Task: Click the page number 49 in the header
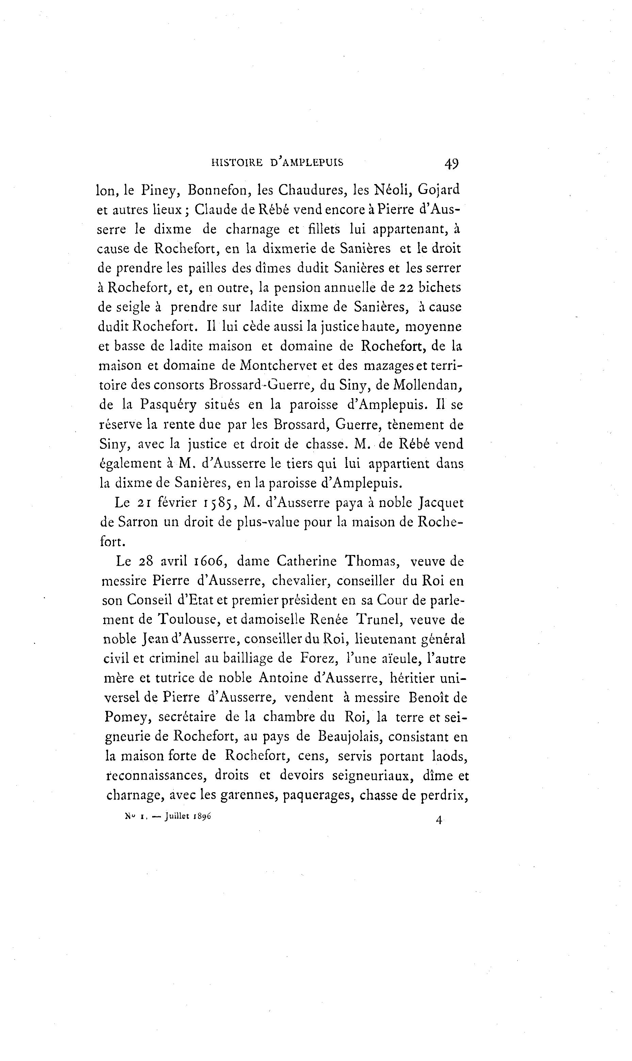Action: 451,163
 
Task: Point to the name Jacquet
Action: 441,503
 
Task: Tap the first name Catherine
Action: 306,561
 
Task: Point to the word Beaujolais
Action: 349,737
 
